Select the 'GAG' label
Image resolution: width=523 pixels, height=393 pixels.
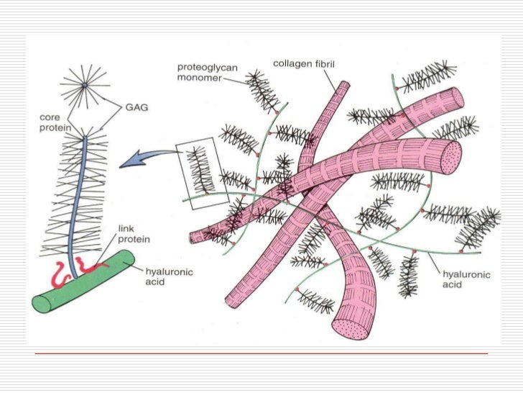136,107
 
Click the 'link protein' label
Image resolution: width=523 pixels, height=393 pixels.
134,234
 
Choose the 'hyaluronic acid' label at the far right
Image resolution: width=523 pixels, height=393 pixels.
465,279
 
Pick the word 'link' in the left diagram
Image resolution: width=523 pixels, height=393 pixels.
126,228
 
